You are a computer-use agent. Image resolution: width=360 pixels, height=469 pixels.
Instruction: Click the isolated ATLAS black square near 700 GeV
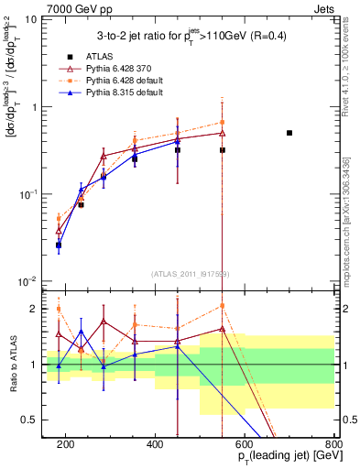(x=289, y=133)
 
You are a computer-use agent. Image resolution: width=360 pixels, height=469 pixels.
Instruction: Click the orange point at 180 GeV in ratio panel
(x=59, y=309)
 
